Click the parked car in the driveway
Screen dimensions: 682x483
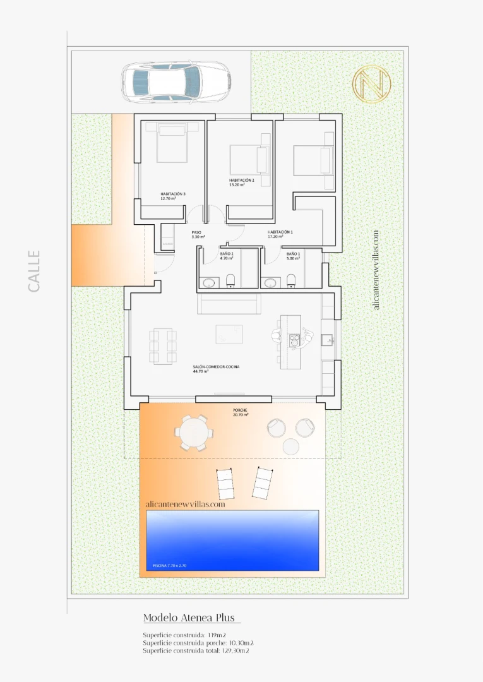[x=175, y=81]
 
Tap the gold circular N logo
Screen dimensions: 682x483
[x=372, y=83]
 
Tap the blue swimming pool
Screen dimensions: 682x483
[x=232, y=541]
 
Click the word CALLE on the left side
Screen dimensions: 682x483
[x=34, y=271]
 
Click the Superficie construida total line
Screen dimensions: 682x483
[x=198, y=650]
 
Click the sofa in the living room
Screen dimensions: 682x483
[x=229, y=304]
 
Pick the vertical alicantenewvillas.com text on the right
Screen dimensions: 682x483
[x=377, y=269]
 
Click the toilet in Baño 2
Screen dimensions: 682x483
[x=230, y=280]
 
